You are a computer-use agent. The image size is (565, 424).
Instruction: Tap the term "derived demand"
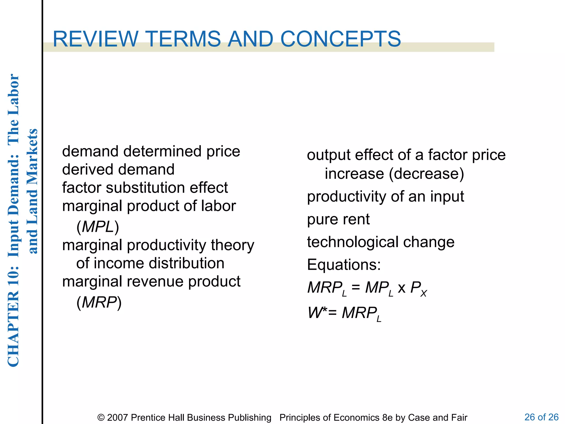(x=118, y=169)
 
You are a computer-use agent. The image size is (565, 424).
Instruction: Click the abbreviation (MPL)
(x=98, y=227)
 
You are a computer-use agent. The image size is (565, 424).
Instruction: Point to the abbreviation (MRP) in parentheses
(x=99, y=302)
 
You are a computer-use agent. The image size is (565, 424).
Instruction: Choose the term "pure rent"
(x=338, y=219)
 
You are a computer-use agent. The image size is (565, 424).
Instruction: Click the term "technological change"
(x=381, y=242)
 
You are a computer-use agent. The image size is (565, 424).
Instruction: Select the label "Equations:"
(x=344, y=265)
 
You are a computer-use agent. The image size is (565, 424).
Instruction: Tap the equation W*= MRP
(x=344, y=313)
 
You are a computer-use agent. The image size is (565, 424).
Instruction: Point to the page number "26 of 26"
(x=541, y=417)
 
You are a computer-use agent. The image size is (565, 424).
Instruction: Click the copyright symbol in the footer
(x=101, y=418)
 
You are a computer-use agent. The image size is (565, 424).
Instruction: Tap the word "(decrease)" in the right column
(x=427, y=174)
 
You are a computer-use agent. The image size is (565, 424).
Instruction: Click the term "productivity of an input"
(x=385, y=197)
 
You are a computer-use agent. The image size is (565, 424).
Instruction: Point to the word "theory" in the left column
(x=232, y=245)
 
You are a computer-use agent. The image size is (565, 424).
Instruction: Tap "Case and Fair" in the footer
(x=438, y=417)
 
